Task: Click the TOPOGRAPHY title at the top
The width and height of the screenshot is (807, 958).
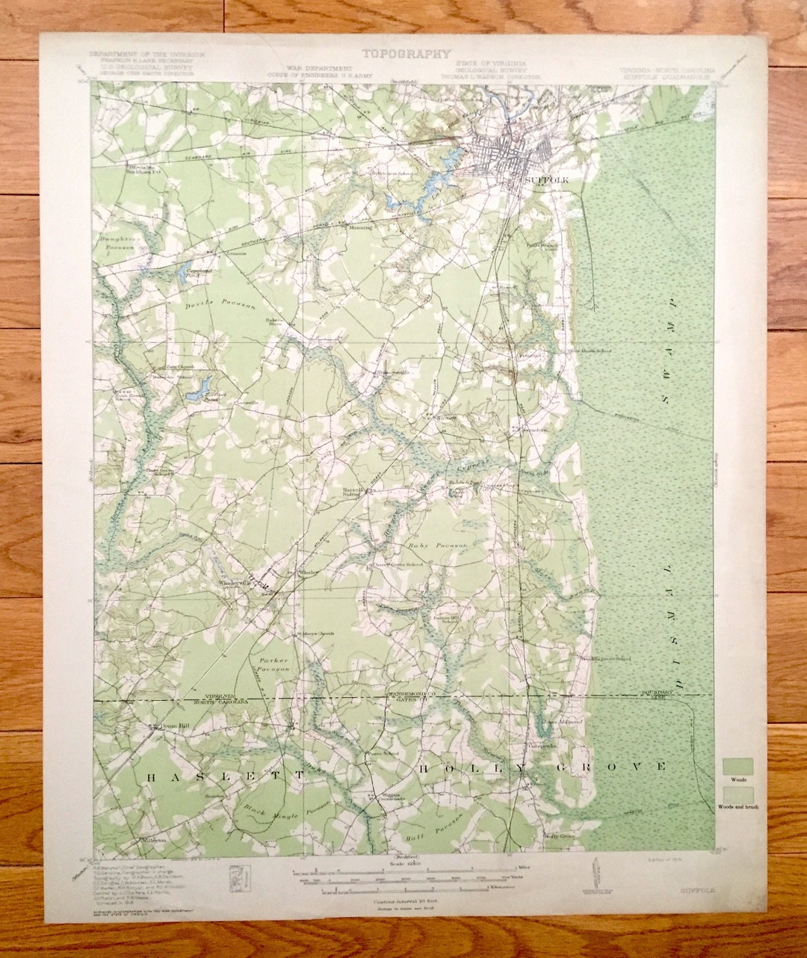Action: [x=406, y=54]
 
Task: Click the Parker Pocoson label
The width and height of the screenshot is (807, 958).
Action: [x=273, y=665]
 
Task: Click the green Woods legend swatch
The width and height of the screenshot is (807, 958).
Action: [x=737, y=767]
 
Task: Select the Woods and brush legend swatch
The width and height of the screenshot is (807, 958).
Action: [x=737, y=794]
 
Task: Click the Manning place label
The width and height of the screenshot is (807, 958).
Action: [x=359, y=227]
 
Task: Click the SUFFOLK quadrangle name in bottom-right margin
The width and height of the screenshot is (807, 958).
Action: [x=696, y=891]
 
